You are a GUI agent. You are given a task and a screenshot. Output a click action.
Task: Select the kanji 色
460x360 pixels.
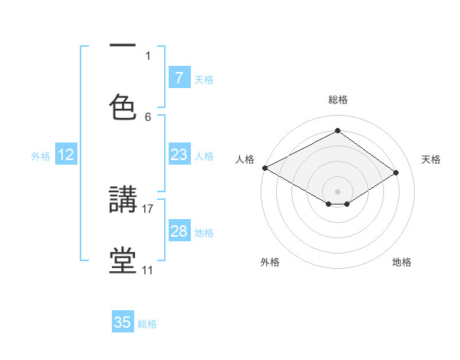point(123,106)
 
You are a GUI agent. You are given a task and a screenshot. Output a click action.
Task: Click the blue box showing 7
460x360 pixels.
point(179,78)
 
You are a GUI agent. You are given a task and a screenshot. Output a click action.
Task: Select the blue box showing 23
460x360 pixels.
point(179,155)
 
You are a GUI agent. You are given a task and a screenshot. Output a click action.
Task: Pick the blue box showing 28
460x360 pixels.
point(179,231)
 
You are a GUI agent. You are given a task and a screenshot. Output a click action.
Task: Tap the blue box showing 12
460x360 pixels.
point(66,155)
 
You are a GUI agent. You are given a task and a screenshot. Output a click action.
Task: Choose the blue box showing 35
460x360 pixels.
point(123,322)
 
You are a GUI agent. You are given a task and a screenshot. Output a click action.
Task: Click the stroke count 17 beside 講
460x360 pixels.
point(148,208)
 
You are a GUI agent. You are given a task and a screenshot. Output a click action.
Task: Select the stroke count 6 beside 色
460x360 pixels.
point(148,116)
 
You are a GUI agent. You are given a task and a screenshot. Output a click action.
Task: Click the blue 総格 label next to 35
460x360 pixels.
point(147,324)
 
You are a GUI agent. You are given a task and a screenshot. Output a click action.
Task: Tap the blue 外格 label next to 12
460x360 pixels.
point(41,155)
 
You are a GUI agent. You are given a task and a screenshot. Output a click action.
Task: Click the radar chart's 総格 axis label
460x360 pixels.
point(337,100)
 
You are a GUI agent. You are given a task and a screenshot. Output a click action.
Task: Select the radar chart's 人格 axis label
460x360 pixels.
point(245,159)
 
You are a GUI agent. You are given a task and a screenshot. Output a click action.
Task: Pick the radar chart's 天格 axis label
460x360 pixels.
point(431,159)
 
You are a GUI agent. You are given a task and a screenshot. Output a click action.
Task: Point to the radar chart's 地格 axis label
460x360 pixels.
point(402,262)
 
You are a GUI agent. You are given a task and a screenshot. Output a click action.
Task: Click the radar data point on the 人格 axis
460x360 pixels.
point(264,168)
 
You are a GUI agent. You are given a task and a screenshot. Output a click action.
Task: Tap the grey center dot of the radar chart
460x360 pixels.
point(337,191)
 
